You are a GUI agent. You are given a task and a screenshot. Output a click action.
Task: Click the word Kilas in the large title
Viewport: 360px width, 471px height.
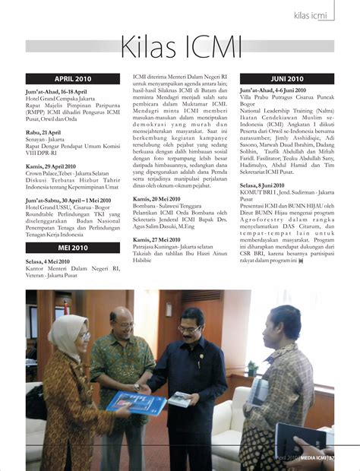pyautogui.click(x=153, y=47)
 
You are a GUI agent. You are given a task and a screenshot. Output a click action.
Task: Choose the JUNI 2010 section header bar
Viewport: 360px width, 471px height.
pyautogui.click(x=286, y=78)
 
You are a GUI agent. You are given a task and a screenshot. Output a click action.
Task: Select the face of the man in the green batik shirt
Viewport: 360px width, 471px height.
pyautogui.click(x=122, y=324)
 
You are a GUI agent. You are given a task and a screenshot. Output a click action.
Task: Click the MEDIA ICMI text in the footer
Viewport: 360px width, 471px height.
pyautogui.click(x=312, y=458)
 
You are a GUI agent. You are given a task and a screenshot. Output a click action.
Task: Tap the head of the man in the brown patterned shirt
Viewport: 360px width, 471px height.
pyautogui.click(x=282, y=324)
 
